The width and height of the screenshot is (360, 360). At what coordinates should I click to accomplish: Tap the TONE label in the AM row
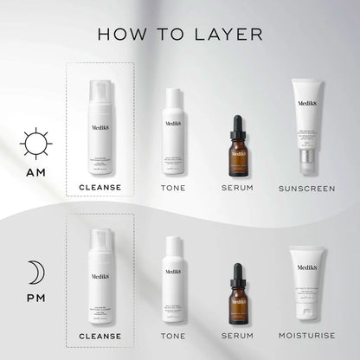pyautogui.click(x=173, y=188)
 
